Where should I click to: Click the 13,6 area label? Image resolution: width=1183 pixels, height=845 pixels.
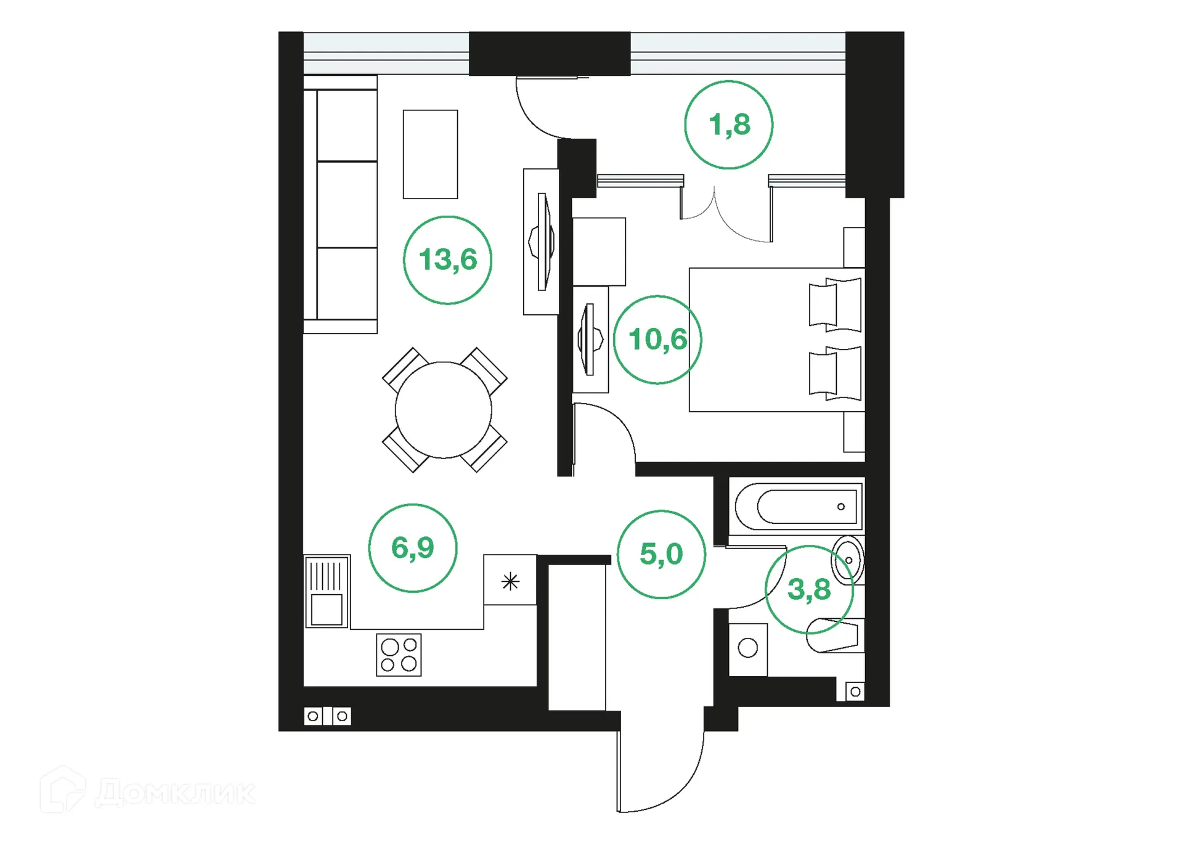(448, 259)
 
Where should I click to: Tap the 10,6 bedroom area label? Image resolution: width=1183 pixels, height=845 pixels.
(657, 340)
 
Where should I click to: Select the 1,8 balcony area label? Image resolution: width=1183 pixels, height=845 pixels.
(729, 125)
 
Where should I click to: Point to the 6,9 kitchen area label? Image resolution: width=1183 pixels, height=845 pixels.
(412, 548)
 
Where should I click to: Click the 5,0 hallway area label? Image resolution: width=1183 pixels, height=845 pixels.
(661, 554)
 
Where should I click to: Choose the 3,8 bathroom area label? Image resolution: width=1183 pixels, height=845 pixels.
(809, 590)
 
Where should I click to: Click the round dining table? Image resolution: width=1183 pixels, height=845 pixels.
(443, 410)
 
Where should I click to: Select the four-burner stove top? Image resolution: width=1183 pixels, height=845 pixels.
(399, 655)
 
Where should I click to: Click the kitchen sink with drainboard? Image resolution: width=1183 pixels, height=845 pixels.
(327, 591)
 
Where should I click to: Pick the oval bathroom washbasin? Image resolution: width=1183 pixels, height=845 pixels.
(847, 560)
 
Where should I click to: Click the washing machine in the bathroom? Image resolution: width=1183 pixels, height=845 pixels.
(748, 649)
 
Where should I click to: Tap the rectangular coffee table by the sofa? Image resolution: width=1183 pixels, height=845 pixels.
(430, 154)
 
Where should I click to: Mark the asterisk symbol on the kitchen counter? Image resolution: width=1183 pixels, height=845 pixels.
(510, 581)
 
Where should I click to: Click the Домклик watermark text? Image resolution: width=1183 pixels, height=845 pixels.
(176, 793)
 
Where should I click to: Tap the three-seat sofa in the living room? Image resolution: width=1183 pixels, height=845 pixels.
(341, 205)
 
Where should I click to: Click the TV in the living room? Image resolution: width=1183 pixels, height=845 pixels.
(542, 242)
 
